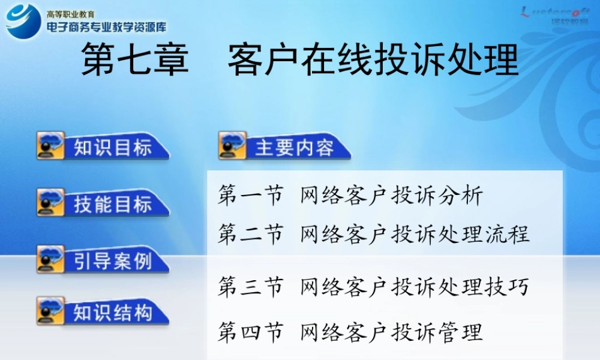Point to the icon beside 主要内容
point(232,146)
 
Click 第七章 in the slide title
point(135,61)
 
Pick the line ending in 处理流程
point(373,234)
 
